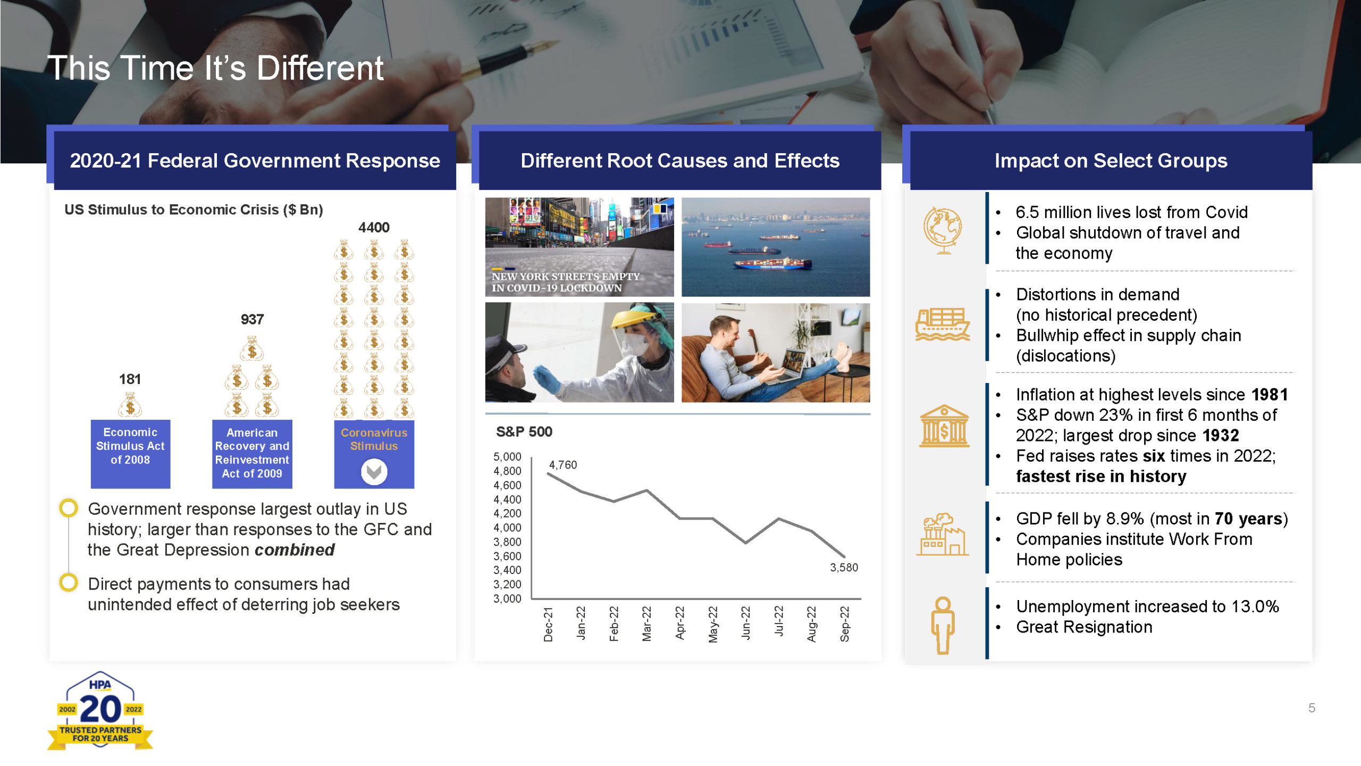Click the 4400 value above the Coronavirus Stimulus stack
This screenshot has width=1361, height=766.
(374, 228)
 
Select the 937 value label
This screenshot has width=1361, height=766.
(252, 320)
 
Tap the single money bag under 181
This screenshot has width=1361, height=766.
(130, 404)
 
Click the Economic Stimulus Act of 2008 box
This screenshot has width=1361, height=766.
(130, 454)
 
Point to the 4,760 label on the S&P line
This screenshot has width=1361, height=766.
(563, 465)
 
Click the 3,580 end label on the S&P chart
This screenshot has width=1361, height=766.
(844, 568)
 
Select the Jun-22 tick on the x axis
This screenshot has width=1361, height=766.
(746, 623)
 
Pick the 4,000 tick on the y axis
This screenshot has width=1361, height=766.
(507, 528)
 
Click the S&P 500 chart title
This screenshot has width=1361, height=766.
(524, 432)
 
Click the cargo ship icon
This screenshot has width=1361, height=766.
(943, 324)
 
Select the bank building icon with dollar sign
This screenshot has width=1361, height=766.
(944, 426)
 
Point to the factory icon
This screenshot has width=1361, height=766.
(943, 535)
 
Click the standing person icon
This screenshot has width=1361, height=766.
(943, 626)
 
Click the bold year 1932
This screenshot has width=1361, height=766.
(1221, 436)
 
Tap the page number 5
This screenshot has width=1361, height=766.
(1312, 708)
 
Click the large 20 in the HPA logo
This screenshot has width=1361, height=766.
(100, 710)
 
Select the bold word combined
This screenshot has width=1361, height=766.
(295, 550)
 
